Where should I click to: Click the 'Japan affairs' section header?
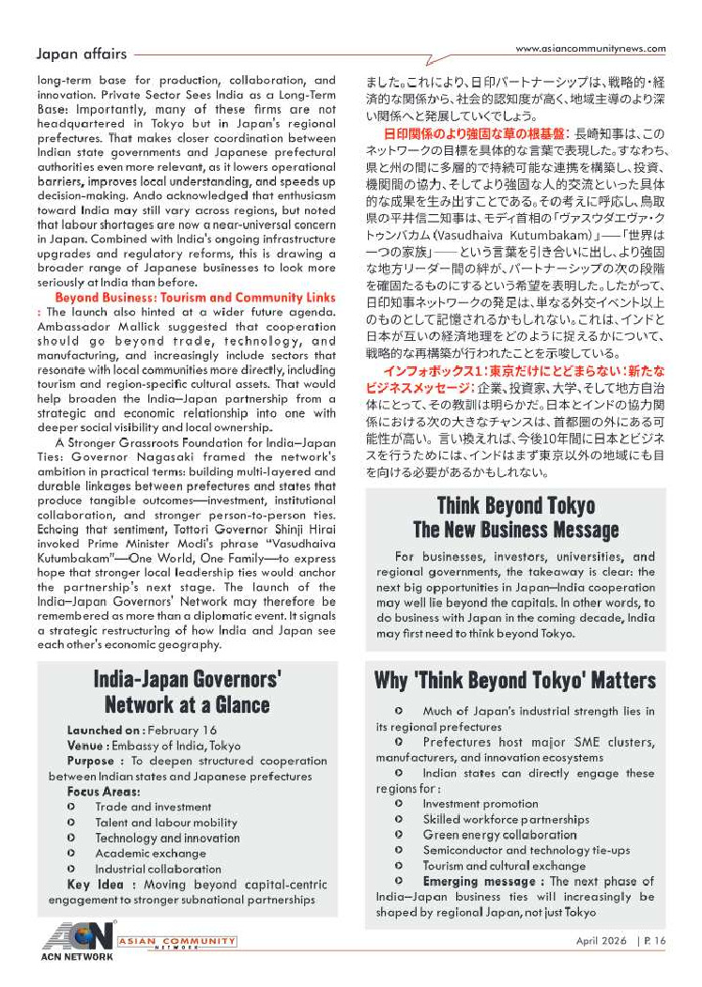[x=81, y=54]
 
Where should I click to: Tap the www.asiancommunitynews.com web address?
[x=590, y=49]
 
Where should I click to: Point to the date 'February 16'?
[x=183, y=730]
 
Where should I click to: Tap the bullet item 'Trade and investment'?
[x=153, y=807]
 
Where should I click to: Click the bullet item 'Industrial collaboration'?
[x=158, y=869]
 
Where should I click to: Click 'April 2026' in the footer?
[x=603, y=940]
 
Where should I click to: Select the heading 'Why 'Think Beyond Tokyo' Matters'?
[x=514, y=679]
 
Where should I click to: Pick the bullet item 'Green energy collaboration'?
[x=499, y=835]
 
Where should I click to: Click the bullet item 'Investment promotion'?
[x=480, y=804]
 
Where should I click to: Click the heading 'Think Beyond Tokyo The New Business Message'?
[x=515, y=517]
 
